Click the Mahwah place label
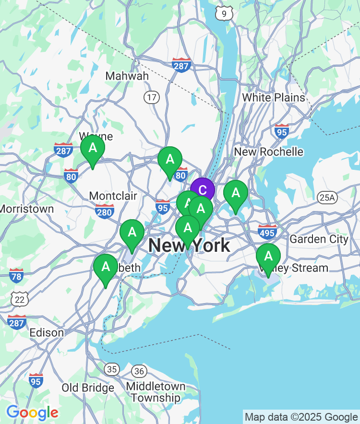pyautogui.click(x=127, y=76)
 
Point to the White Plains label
pyautogui.click(x=273, y=97)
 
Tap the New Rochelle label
pyautogui.click(x=268, y=152)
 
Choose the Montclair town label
pyautogui.click(x=113, y=196)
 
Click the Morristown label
pyautogui.click(x=26, y=209)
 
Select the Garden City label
pyautogui.click(x=319, y=238)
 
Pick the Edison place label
pyautogui.click(x=47, y=332)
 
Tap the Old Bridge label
pyautogui.click(x=88, y=387)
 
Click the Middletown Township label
pyautogui.click(x=156, y=392)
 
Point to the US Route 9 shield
pyautogui.click(x=224, y=13)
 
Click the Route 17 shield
pyautogui.click(x=152, y=97)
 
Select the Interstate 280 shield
pyautogui.click(x=104, y=211)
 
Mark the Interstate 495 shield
pyautogui.click(x=267, y=232)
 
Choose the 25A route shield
pyautogui.click(x=328, y=197)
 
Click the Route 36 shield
pyautogui.click(x=139, y=371)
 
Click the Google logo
pyautogui.click(x=32, y=412)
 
